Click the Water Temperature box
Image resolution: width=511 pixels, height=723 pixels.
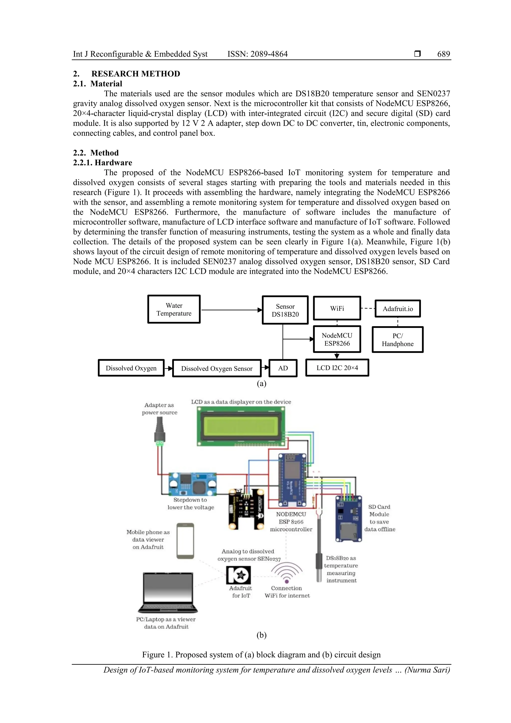point(174,309)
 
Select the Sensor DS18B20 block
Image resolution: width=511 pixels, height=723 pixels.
point(285,310)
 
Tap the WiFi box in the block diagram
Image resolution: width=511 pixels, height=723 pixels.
point(337,308)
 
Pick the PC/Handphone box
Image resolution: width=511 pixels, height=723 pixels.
point(397,339)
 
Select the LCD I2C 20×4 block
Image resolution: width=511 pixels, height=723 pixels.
point(337,367)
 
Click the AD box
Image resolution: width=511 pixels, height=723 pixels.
point(283,368)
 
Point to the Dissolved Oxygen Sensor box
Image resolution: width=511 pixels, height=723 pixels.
point(217,368)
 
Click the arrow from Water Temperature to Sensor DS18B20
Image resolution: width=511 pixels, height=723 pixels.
point(231,310)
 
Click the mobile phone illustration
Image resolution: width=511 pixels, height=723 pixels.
point(185,541)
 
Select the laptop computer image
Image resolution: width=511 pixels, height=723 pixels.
point(168,593)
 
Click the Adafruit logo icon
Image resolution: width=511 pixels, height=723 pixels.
point(238,575)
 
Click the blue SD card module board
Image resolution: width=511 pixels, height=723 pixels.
point(348,518)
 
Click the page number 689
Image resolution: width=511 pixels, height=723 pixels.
point(443,54)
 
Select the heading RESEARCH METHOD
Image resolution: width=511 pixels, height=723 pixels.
point(136,74)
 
